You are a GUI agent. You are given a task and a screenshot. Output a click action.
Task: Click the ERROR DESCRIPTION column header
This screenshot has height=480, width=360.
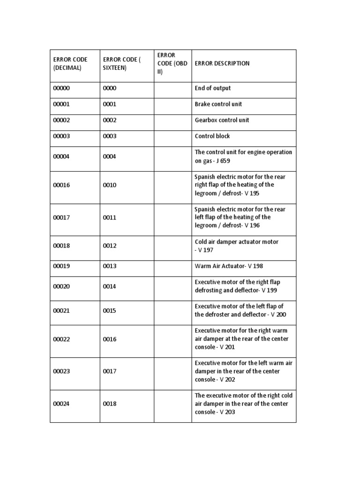click(222, 64)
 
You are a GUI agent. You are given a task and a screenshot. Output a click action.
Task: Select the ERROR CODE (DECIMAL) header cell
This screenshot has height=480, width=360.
click(70, 64)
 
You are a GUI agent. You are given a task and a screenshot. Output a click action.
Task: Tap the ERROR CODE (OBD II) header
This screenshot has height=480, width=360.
click(172, 64)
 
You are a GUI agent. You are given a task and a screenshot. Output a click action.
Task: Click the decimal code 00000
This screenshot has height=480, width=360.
click(61, 88)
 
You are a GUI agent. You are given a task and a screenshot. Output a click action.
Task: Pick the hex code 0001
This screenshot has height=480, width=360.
click(110, 104)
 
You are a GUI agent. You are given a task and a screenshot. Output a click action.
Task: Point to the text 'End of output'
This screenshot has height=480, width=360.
click(212, 88)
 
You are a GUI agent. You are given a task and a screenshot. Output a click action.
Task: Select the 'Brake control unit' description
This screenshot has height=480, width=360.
click(218, 104)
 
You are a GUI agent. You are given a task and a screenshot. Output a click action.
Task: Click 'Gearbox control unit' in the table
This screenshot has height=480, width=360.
click(222, 120)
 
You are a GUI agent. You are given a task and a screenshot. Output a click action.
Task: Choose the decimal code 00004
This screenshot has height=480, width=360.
click(61, 157)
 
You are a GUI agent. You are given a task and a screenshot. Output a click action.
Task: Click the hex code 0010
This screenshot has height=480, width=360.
click(110, 185)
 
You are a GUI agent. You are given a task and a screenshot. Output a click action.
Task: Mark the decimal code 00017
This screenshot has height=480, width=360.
click(61, 217)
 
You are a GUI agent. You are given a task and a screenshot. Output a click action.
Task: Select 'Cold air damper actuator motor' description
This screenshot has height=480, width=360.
click(237, 242)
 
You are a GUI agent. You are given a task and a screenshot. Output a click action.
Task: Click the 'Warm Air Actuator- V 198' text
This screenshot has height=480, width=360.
click(229, 266)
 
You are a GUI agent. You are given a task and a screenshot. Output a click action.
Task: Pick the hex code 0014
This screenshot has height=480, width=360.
click(110, 286)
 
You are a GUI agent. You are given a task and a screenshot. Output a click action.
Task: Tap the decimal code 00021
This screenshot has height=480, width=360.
click(61, 311)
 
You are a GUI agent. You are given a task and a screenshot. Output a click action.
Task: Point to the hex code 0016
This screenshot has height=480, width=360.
click(110, 339)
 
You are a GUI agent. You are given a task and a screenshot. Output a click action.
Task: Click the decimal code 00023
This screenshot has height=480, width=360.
click(61, 371)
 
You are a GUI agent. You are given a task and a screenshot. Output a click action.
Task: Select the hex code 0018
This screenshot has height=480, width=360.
click(110, 404)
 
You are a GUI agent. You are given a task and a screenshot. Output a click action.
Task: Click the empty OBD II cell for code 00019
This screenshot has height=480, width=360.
click(172, 266)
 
